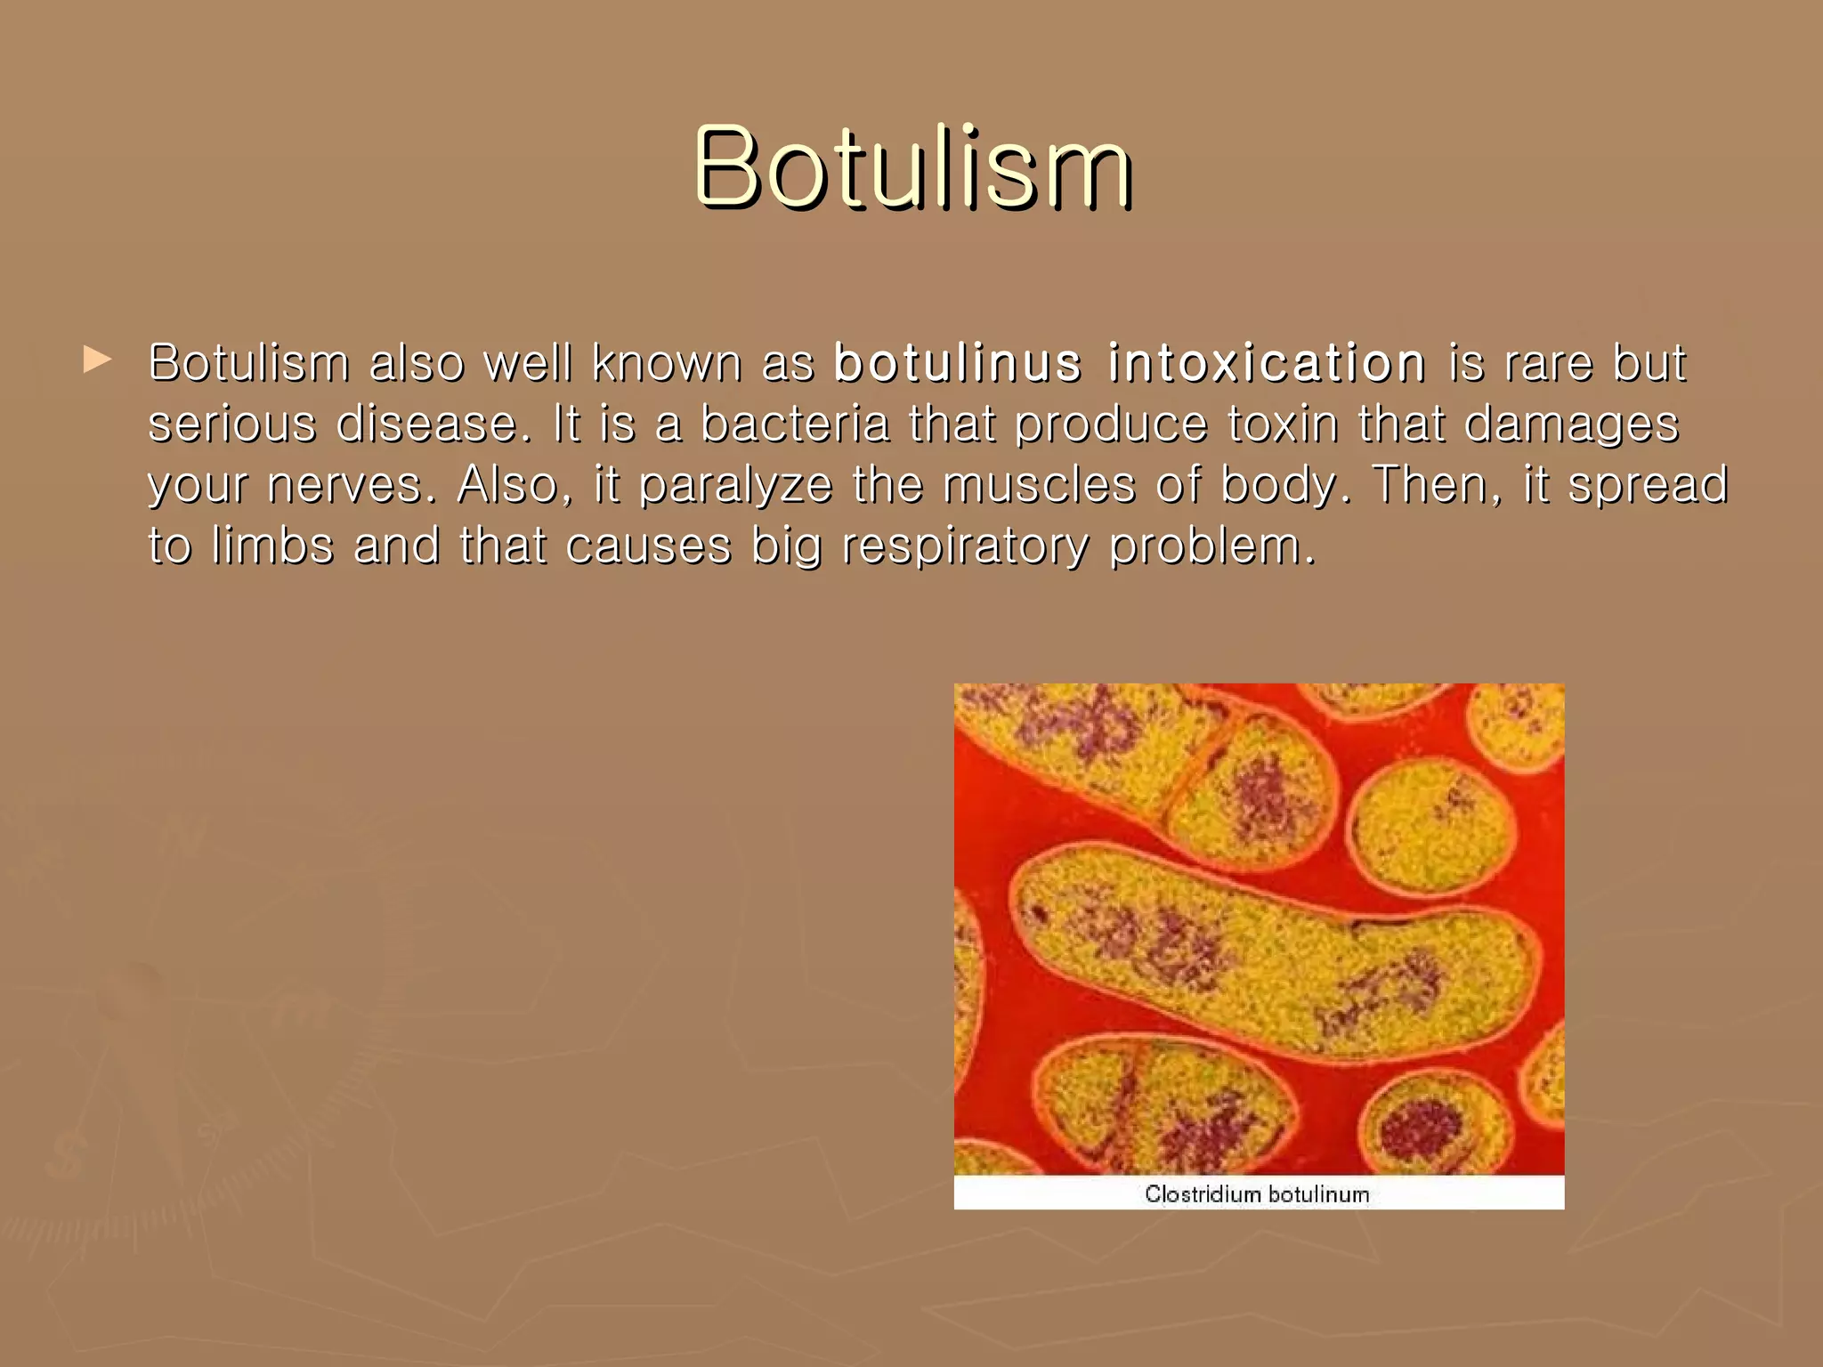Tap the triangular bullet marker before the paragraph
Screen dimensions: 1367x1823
(x=97, y=360)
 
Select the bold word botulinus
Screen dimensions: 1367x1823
(x=958, y=363)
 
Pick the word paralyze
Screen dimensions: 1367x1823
(x=735, y=487)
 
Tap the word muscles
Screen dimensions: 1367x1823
(x=1039, y=485)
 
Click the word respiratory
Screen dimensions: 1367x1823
(x=965, y=546)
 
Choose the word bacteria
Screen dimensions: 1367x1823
(x=795, y=424)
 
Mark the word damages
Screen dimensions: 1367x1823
(x=1571, y=425)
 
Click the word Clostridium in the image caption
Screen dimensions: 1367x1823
(x=1203, y=1193)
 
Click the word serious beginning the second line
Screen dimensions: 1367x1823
(x=231, y=424)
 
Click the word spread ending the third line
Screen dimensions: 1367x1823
(x=1647, y=485)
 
